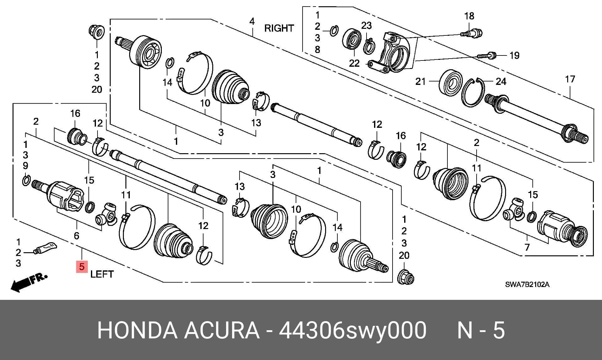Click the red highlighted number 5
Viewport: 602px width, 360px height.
[82, 267]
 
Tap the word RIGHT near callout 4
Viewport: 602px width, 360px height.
[279, 28]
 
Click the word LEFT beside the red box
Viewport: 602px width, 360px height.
[102, 274]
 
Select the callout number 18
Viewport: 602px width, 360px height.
[469, 16]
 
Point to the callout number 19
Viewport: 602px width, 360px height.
[514, 55]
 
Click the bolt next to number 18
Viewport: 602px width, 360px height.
[472, 33]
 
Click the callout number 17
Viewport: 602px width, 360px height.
[570, 79]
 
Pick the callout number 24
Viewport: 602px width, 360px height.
[501, 81]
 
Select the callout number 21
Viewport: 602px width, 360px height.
[420, 81]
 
